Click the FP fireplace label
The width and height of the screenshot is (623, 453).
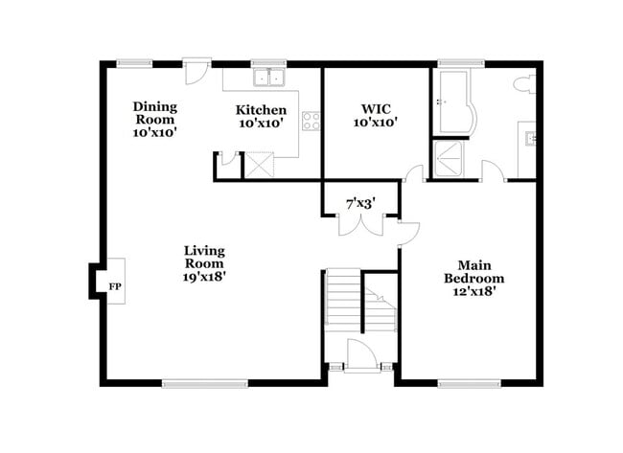pyautogui.click(x=115, y=286)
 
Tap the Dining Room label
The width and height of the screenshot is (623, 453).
pyautogui.click(x=155, y=120)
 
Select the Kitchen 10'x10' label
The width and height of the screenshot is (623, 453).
pyautogui.click(x=261, y=117)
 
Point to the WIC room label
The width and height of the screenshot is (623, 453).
pyautogui.click(x=374, y=116)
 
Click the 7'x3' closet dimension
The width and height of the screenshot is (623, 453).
pyautogui.click(x=359, y=202)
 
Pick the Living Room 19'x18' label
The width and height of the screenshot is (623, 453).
pyautogui.click(x=205, y=263)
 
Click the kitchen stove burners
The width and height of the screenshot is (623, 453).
pyautogui.click(x=311, y=121)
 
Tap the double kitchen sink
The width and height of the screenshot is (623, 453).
pyautogui.click(x=269, y=79)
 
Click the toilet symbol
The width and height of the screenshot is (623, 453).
pyautogui.click(x=524, y=84)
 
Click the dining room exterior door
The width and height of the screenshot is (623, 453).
pyautogui.click(x=197, y=72)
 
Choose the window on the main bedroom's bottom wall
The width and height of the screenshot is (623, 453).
pyautogui.click(x=469, y=383)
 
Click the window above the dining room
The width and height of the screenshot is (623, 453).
pyautogui.click(x=134, y=63)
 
